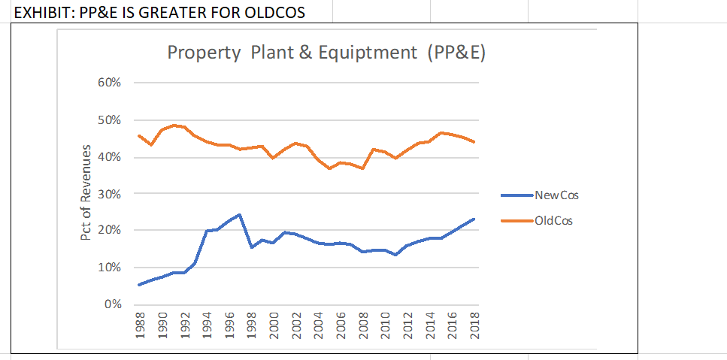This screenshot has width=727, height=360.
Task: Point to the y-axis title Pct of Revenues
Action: pos(87,193)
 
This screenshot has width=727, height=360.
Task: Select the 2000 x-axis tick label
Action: pos(274,325)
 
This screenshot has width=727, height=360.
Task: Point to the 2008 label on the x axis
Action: pos(363,325)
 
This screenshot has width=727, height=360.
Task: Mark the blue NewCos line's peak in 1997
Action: pos(240,214)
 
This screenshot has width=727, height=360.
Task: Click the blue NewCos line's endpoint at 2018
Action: pos(474,219)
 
